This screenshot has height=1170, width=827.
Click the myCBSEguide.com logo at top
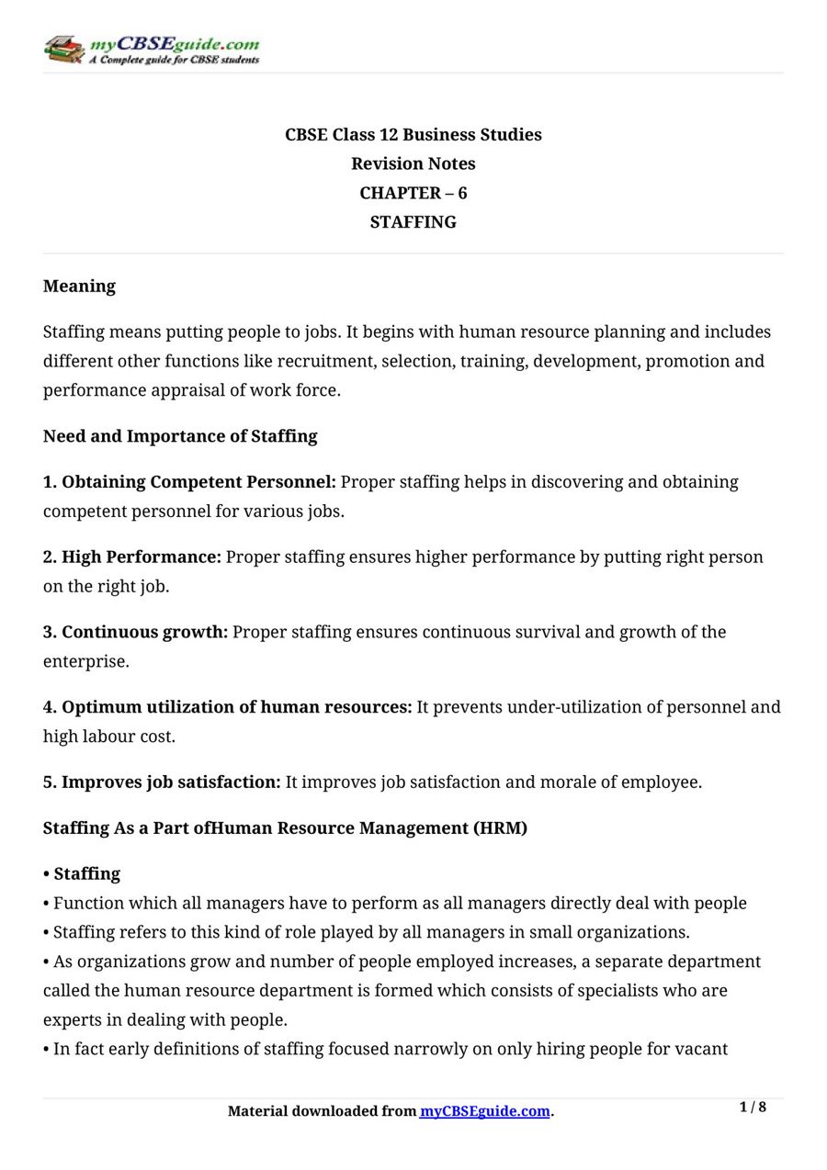point(152,50)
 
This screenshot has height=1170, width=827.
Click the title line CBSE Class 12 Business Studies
point(413,135)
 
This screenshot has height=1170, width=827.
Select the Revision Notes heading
point(413,164)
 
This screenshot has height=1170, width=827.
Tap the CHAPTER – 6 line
point(413,194)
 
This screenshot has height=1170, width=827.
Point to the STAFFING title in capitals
point(413,222)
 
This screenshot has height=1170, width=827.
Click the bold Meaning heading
point(79,287)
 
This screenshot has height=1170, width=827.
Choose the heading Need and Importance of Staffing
point(180,436)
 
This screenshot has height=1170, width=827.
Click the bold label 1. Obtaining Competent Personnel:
point(189,482)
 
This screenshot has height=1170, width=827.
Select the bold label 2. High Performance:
point(132,557)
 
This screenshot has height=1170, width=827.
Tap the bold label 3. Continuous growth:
point(135,633)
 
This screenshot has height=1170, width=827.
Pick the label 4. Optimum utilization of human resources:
point(228,708)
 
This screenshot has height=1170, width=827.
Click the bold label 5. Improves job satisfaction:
point(162,782)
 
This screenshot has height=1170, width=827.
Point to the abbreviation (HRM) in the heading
point(500,828)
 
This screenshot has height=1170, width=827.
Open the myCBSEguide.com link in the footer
point(484,1111)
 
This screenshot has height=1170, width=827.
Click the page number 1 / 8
point(753,1108)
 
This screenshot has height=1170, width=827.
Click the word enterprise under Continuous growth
point(84,662)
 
